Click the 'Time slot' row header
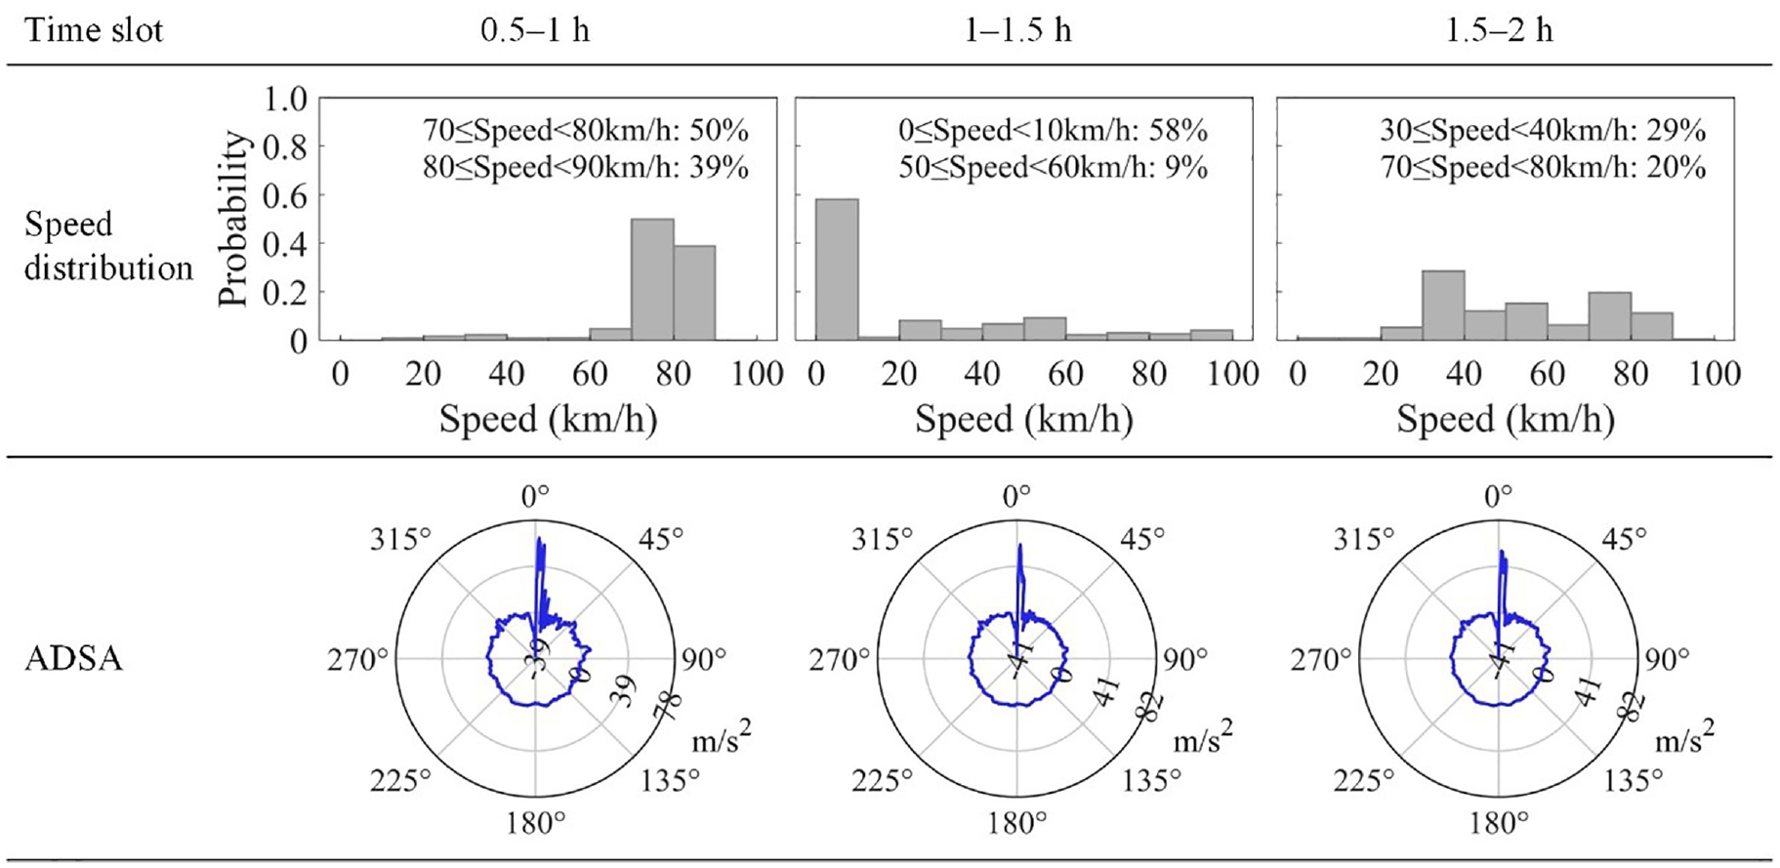[94, 30]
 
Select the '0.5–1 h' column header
[535, 30]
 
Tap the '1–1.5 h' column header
[1017, 30]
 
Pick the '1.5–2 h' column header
[1499, 30]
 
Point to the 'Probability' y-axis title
[234, 220]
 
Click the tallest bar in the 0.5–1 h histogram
[652, 279]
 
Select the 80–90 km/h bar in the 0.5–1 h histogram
[694, 293]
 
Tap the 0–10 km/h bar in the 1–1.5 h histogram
[837, 269]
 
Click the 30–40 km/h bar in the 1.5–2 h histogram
[1443, 306]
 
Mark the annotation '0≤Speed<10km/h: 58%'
[1054, 130]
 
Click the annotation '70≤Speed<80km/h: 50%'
[586, 130]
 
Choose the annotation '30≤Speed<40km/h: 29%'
[1543, 130]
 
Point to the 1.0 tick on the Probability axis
[285, 99]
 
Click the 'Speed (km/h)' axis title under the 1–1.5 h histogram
[1023, 420]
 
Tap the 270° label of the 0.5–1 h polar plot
[357, 660]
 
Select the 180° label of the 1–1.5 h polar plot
[1016, 824]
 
